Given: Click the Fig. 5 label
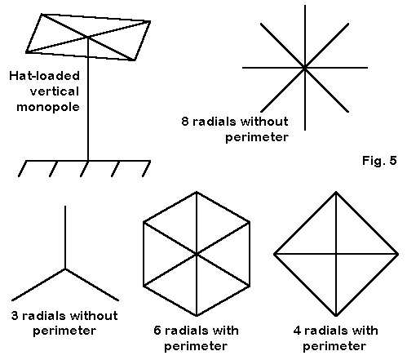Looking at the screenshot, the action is point(379,160).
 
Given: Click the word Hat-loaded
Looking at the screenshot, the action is point(44,76).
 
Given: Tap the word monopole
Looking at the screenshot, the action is point(48,107).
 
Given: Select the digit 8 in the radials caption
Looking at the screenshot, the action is point(185,121).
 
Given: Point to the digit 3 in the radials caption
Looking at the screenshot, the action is point(15,316).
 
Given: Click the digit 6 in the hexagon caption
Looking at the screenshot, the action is point(157,331).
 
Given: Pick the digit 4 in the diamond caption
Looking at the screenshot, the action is point(297,331).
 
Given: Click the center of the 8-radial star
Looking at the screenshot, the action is point(305,68).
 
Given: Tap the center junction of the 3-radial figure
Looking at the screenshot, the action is point(65,269).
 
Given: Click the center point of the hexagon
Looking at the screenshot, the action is point(197,254).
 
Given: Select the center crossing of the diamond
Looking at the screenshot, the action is point(336,254).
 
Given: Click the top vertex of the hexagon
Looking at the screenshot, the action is point(197,192).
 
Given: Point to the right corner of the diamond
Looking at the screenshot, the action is point(398,254).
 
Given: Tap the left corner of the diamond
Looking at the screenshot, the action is point(274,254).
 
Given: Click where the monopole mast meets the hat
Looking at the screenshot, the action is point(88,37).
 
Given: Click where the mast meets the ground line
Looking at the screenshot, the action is point(88,161).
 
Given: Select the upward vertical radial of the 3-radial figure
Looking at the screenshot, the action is point(65,238).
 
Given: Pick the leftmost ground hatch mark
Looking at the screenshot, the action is point(22,169).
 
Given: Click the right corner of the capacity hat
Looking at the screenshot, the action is point(150,21).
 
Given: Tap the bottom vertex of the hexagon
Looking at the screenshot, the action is point(197,316).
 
